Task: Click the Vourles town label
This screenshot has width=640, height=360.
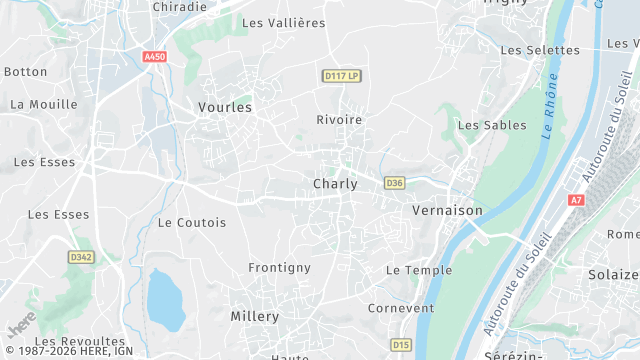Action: click(x=225, y=106)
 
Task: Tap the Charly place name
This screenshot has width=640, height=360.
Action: click(x=335, y=184)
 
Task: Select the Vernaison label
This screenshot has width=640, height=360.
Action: click(x=447, y=211)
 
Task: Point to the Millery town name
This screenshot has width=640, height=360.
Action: click(x=255, y=316)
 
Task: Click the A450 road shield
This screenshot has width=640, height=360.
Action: click(x=154, y=58)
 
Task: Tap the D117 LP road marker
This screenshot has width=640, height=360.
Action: click(x=342, y=75)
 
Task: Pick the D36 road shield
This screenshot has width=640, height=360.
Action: click(x=394, y=183)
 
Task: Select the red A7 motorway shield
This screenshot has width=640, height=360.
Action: click(x=575, y=200)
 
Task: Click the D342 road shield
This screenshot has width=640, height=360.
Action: click(x=81, y=257)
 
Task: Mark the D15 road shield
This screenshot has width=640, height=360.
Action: click(x=402, y=345)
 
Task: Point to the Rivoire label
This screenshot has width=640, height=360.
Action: click(x=339, y=119)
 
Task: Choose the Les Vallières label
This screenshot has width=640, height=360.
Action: click(x=284, y=23)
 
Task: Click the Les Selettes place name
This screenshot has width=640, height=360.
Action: click(x=540, y=50)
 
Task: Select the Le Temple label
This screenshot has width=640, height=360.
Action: click(x=419, y=270)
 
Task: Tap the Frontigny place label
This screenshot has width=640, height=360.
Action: click(x=280, y=268)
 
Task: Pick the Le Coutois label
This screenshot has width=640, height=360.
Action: click(x=192, y=222)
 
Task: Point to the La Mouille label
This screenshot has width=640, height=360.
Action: click(x=44, y=104)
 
